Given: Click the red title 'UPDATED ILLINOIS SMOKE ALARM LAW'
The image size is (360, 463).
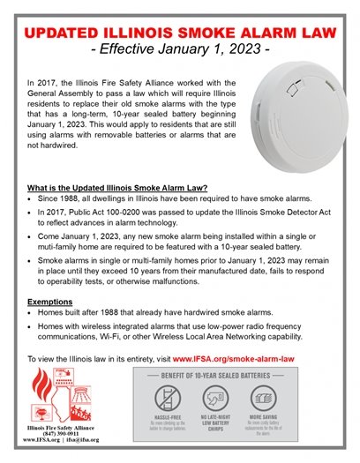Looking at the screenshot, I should coord(180,34).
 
